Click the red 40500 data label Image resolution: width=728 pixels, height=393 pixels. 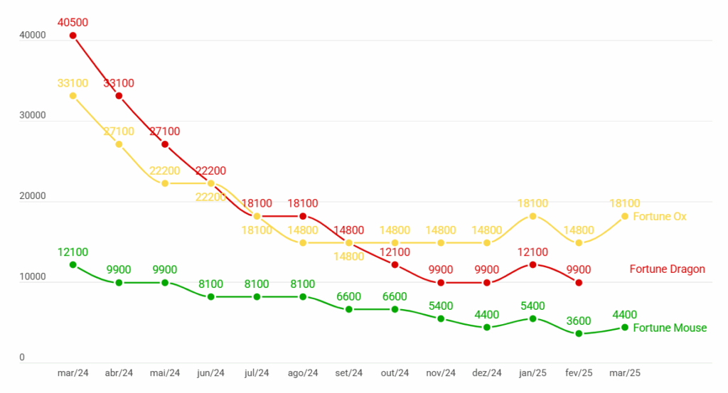point(73,23)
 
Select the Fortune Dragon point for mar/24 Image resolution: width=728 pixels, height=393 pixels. point(73,36)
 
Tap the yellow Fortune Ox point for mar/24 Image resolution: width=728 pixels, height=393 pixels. point(73,95)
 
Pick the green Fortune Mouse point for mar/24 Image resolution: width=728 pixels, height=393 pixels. point(73,264)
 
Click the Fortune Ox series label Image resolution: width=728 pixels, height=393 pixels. point(659,216)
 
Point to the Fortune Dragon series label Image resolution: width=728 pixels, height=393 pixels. point(667,269)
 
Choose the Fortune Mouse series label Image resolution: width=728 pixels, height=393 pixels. point(669,328)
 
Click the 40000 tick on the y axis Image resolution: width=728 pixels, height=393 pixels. point(33,36)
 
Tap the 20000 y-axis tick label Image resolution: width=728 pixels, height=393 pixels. point(33,196)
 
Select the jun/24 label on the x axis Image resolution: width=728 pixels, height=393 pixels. point(210,373)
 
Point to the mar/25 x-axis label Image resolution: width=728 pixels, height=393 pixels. point(625,373)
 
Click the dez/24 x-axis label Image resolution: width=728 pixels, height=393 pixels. point(487,373)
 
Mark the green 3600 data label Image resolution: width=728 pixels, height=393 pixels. point(579,321)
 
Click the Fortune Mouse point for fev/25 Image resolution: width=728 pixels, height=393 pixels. point(579,333)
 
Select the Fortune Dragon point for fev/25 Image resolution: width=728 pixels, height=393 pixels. point(579,283)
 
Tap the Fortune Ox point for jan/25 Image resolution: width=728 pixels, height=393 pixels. point(533,216)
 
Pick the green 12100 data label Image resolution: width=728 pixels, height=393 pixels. point(73,252)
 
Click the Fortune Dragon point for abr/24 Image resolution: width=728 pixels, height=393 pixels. point(119,96)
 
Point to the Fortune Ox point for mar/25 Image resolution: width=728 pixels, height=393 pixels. point(625,216)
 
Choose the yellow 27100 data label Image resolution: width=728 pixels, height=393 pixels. point(119,131)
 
